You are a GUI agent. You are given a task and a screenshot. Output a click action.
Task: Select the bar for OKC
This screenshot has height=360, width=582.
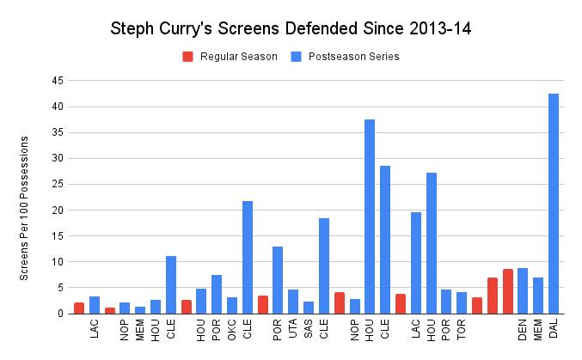pyautogui.click(x=232, y=306)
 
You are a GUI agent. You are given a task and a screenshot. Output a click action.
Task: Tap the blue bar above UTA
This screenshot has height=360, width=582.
pyautogui.click(x=293, y=302)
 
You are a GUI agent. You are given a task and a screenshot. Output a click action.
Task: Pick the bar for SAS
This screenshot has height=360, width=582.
pyautogui.click(x=309, y=308)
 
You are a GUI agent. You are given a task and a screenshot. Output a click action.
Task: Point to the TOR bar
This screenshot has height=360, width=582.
pyautogui.click(x=462, y=303)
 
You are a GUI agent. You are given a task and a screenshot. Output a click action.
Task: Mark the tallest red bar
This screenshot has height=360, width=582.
pyautogui.click(x=507, y=291)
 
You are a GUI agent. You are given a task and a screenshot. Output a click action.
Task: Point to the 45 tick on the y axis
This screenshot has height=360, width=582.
pyautogui.click(x=58, y=81)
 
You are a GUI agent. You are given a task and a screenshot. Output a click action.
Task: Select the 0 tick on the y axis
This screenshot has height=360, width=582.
pyautogui.click(x=61, y=314)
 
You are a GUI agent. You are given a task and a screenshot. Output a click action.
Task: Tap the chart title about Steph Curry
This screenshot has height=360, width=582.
pyautogui.click(x=291, y=28)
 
